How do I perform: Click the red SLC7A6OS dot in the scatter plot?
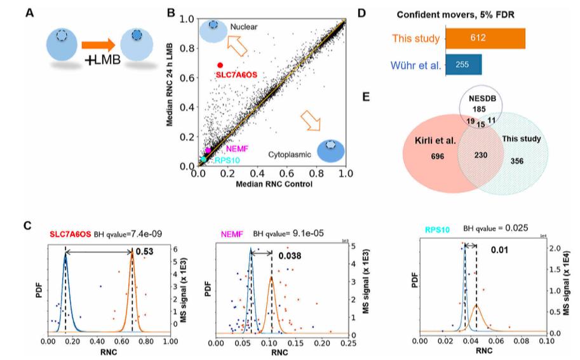[x=220, y=65]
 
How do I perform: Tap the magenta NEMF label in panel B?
[x=237, y=149]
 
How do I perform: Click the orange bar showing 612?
[x=485, y=38]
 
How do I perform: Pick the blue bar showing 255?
[x=463, y=64]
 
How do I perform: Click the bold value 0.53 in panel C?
[x=144, y=251]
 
